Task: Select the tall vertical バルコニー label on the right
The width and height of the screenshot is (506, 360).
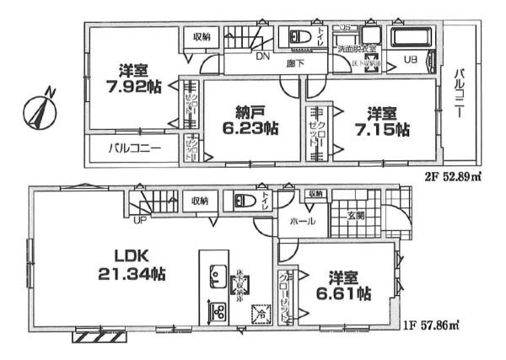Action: point(461,93)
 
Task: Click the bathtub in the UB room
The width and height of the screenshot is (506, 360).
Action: point(413,35)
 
